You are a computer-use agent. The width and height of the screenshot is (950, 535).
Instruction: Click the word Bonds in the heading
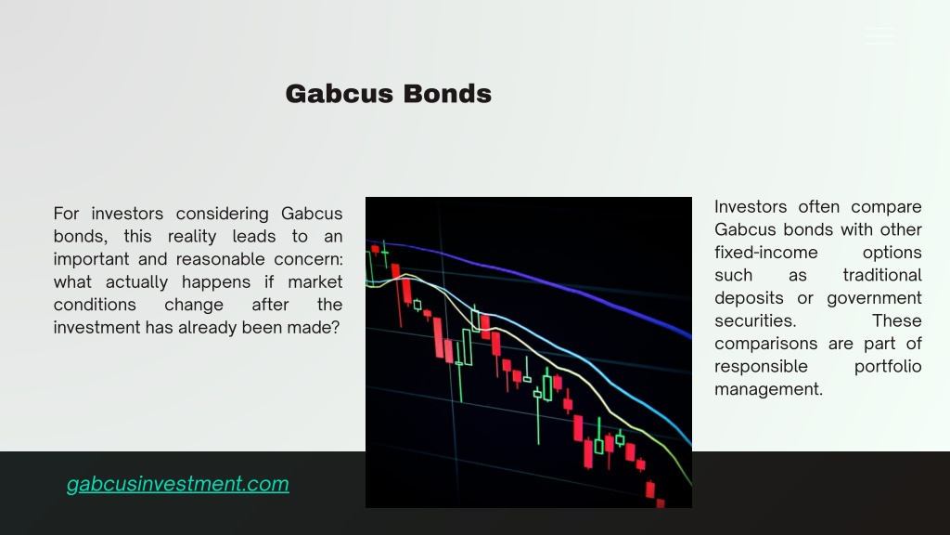447,94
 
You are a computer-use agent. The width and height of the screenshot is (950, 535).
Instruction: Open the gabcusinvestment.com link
177,484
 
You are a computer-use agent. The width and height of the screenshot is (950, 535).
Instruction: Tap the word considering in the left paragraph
223,215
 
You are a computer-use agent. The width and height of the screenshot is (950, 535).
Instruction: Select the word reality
192,237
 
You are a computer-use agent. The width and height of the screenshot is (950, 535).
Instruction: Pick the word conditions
95,305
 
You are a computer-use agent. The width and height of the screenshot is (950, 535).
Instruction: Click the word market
315,282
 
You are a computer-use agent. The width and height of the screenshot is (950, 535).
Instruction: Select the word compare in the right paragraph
886,207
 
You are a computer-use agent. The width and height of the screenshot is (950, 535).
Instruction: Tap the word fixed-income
765,253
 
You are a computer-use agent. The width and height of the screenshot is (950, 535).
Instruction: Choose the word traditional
882,275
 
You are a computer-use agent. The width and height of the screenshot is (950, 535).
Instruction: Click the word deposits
749,298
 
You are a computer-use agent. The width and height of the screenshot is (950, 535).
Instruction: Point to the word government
874,298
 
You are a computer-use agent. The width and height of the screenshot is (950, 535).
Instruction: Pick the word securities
755,320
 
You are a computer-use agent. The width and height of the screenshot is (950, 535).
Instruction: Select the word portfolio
888,367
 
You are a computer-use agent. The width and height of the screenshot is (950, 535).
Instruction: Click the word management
769,389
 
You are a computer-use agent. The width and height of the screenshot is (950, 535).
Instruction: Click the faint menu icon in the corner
879,36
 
